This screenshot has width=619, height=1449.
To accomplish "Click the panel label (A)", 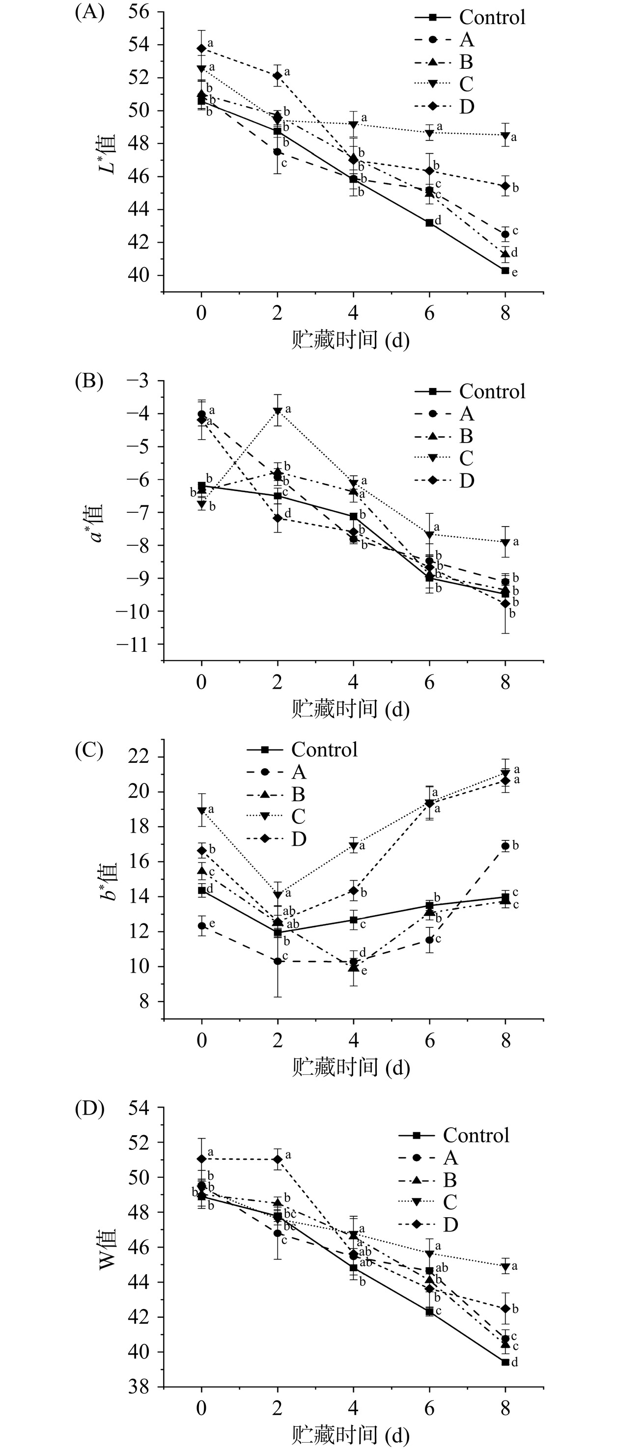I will tap(89, 12).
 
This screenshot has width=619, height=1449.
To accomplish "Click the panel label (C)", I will tap(89, 751).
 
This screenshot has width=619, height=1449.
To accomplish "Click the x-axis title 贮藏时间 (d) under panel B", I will tap(350, 709).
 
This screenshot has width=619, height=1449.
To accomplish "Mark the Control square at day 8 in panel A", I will tap(506, 271).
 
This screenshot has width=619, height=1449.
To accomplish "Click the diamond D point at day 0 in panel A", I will tap(201, 48).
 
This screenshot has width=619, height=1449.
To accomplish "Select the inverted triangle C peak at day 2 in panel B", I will tap(278, 411).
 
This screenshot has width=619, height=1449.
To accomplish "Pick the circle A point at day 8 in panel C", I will tap(506, 846).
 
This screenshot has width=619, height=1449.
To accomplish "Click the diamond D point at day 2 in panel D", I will tap(278, 1159).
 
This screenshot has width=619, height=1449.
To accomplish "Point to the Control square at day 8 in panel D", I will tap(506, 1362).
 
